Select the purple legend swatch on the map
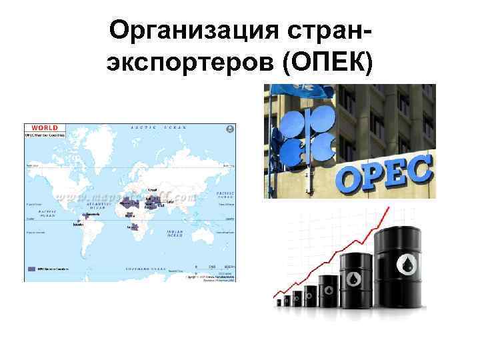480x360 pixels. pos(32,268)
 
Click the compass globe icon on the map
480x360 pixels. pos(230,128)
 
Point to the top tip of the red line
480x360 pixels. pos(388,208)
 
